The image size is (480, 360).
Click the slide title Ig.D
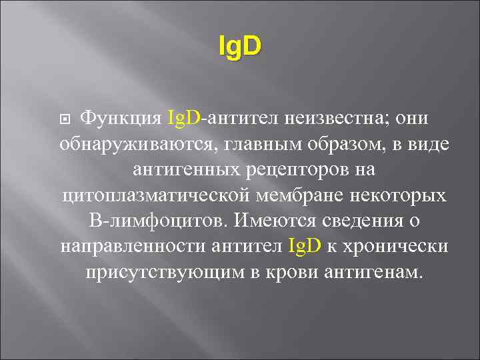(240, 46)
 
